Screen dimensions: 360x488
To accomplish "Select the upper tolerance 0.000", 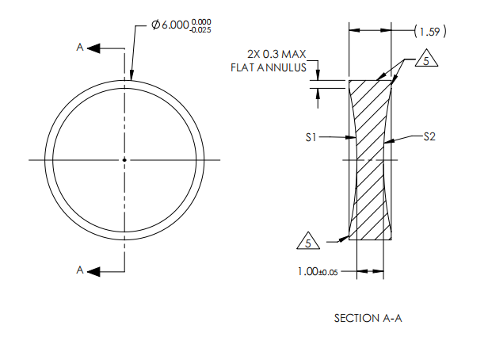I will (204, 21).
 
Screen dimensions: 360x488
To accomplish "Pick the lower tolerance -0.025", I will (202, 30).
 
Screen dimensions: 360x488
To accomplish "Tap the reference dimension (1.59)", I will (430, 32).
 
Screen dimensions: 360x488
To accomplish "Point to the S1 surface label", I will (311, 137).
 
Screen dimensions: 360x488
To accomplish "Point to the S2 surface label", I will (429, 136).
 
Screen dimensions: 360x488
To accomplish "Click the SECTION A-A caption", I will (370, 318).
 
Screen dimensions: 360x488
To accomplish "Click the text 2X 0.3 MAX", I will (276, 55).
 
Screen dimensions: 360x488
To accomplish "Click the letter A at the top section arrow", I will (80, 48).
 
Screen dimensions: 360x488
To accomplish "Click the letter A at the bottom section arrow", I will (80, 270).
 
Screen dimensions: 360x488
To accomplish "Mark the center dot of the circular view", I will (124, 160).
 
